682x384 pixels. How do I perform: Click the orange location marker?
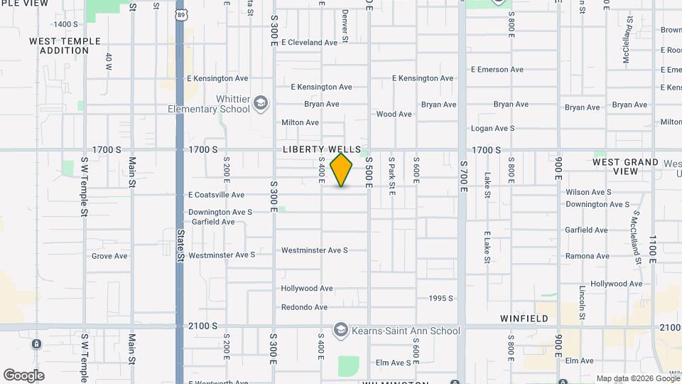point(342,169)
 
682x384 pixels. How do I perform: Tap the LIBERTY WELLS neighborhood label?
point(322,149)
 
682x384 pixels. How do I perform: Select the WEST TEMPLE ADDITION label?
point(65,46)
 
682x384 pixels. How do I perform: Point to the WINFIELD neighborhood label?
point(524,319)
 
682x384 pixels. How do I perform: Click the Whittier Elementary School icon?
point(261,104)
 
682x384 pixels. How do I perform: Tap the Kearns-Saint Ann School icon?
point(341,331)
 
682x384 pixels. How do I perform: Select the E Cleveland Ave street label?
point(309,43)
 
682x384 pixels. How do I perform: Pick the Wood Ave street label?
point(394,114)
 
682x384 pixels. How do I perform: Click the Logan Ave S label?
point(493,128)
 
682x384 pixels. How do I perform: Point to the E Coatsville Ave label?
point(216,195)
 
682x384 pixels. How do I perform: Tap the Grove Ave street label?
point(109,256)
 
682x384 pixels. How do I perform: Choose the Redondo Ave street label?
point(304,307)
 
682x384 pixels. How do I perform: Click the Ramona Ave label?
point(587,256)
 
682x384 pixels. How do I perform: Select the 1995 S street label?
point(441,298)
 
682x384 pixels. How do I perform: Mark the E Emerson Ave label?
point(497,70)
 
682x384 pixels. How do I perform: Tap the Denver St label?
point(345,25)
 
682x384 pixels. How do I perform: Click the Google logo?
point(23,375)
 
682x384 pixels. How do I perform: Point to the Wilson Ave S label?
point(588,192)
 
